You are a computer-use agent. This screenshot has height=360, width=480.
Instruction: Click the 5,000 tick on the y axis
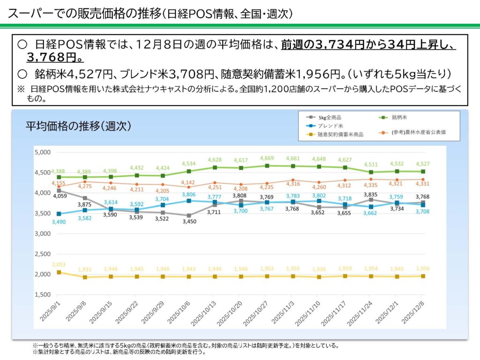42,152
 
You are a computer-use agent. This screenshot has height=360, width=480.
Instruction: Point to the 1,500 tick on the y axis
42,294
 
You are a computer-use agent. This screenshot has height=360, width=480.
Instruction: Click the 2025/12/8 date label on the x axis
415,312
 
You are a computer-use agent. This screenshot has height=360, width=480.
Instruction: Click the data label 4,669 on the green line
267,158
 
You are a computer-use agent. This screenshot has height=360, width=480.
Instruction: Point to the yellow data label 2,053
59,265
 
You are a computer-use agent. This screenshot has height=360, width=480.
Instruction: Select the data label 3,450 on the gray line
189,222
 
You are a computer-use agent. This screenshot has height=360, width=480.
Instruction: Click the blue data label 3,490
59,221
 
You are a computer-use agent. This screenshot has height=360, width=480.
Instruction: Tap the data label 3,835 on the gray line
371,194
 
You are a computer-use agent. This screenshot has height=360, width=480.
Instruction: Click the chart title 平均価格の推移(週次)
78,126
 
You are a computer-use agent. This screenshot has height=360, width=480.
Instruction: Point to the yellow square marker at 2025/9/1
59,272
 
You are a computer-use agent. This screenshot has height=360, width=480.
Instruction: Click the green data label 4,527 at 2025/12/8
423,164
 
